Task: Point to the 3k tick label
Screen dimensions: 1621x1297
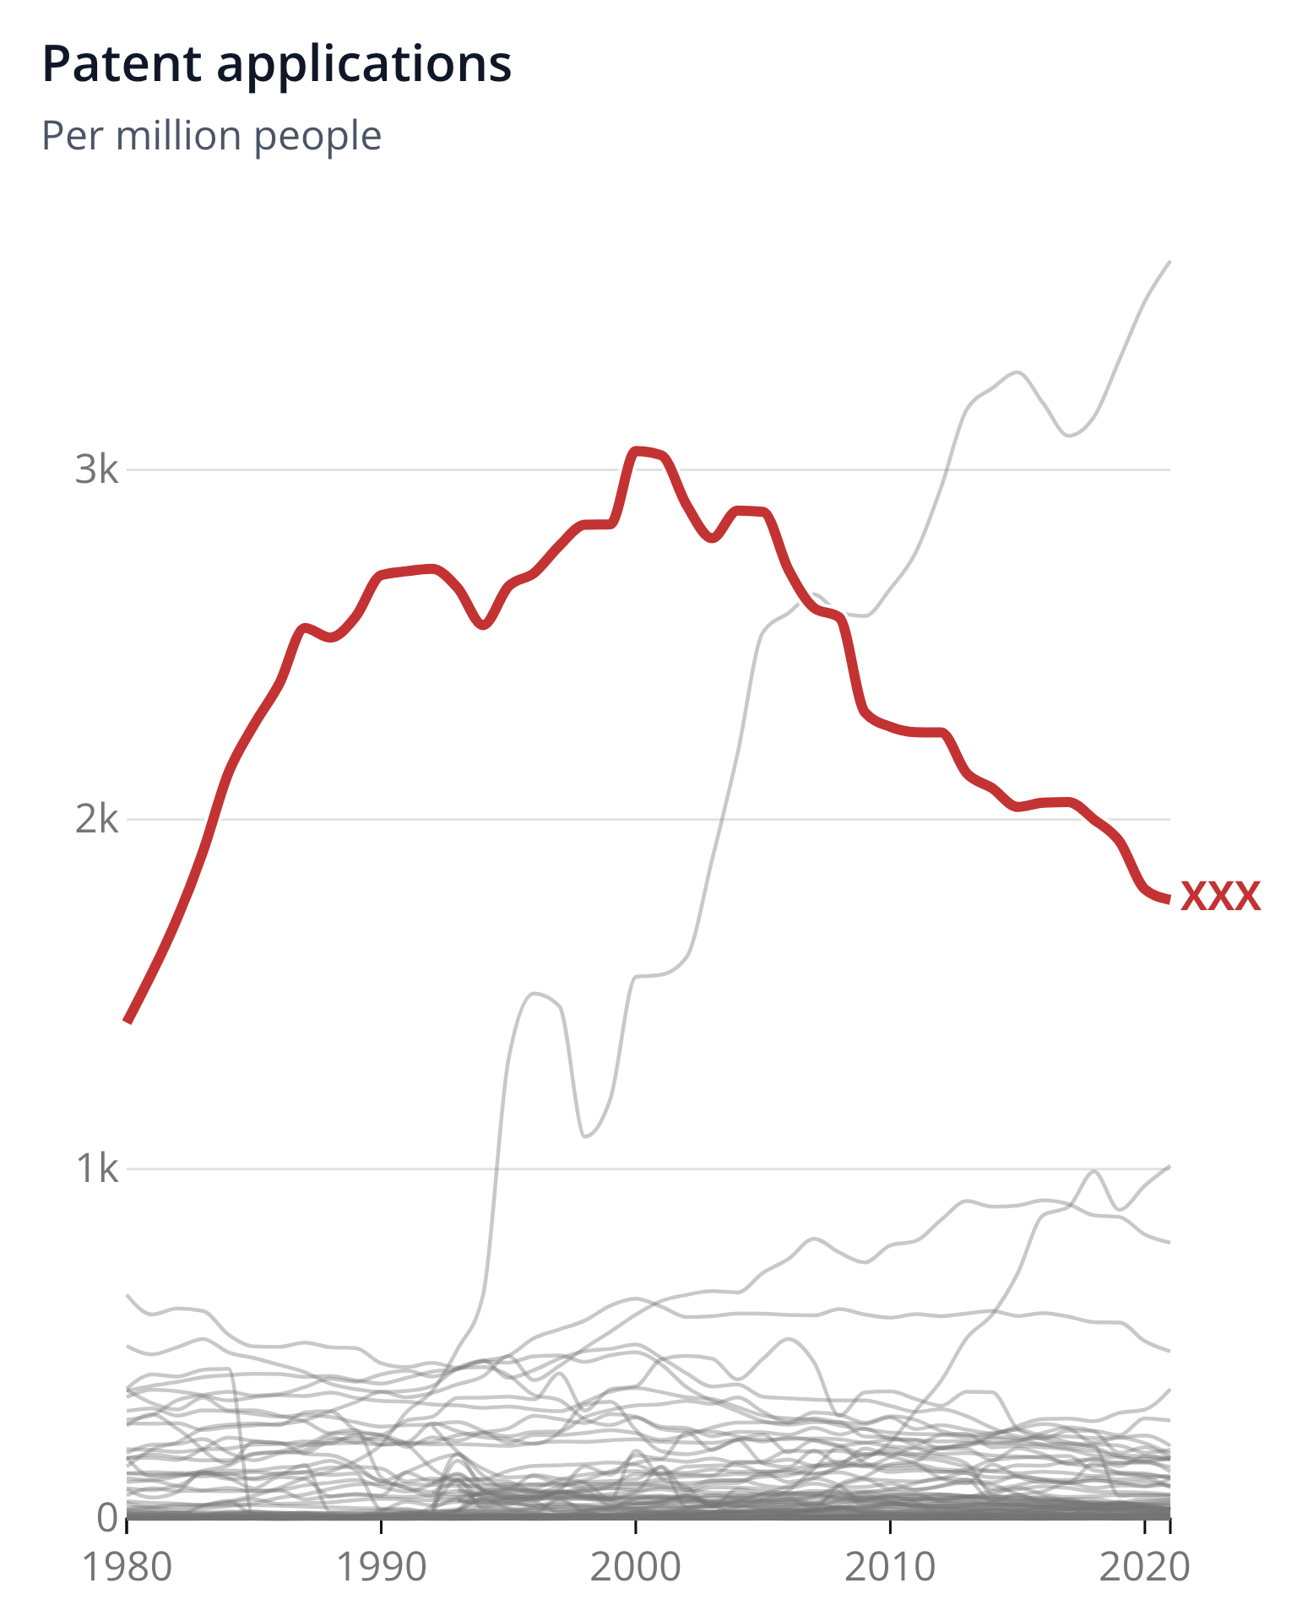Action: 97,469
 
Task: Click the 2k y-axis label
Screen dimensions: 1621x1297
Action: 97,819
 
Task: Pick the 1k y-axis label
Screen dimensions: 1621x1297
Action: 97,1169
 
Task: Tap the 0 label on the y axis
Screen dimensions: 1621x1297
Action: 108,1517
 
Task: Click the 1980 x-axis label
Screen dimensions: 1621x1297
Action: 127,1567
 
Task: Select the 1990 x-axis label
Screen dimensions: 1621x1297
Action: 382,1567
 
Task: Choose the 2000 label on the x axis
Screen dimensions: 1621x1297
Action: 635,1567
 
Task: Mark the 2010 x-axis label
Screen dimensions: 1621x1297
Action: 890,1567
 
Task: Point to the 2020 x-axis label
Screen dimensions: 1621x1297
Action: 1144,1567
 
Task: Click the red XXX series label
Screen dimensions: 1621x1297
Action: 1220,897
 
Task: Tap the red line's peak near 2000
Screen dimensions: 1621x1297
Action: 638,451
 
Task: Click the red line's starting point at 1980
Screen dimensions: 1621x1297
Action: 128,1022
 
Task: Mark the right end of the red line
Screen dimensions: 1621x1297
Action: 1169,900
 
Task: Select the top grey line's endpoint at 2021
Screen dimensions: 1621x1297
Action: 1169,263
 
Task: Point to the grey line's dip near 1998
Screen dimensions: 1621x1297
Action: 585,1136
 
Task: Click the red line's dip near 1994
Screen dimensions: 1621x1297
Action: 483,626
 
